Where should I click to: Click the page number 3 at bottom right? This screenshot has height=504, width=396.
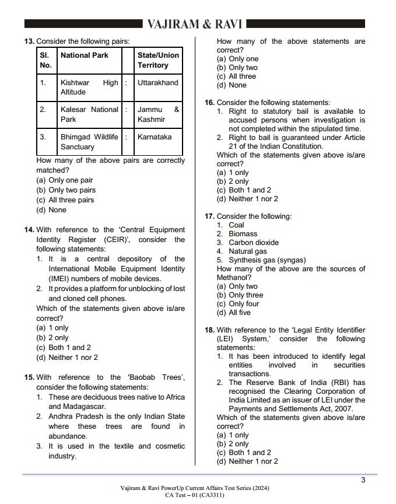(363, 480)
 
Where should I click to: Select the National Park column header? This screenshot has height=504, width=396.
(85, 55)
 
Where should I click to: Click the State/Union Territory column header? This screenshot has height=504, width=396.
(158, 60)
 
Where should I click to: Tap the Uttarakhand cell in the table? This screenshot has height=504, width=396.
(157, 83)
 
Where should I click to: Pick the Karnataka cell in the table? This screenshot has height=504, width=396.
(155, 137)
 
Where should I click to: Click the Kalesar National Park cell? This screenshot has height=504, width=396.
(89, 114)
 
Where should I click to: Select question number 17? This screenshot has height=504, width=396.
(209, 216)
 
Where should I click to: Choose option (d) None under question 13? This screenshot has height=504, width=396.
(51, 210)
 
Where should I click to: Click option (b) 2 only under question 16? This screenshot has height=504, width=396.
(233, 181)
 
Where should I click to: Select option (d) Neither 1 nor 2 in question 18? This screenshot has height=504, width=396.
(247, 461)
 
